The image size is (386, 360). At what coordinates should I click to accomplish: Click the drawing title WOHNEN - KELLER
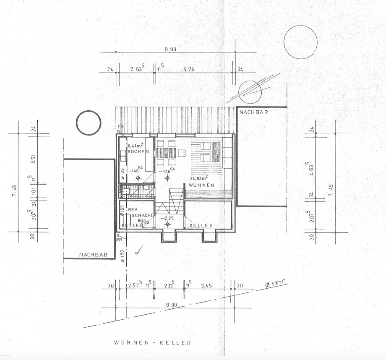coord(153,343)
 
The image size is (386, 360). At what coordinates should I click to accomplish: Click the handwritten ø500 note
coord(274,285)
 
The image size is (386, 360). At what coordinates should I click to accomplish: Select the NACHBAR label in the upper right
coord(253,112)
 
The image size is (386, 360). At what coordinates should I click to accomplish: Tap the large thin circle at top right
coord(300,42)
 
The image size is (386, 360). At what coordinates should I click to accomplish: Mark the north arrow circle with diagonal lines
coord(250,91)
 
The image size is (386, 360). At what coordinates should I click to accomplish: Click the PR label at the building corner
coord(120,126)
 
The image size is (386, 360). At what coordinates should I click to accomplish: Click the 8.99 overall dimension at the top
coord(170,50)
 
